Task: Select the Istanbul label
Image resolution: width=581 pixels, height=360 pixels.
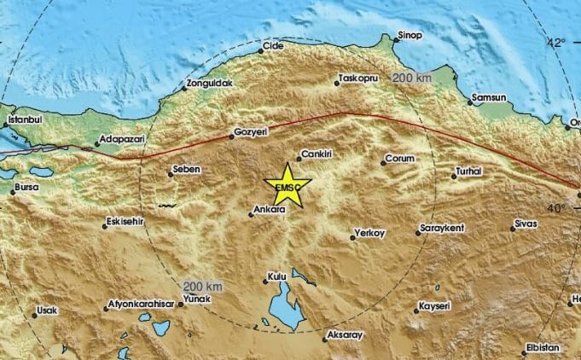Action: pyautogui.click(x=25, y=120)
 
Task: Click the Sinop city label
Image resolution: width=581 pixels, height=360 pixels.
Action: pyautogui.click(x=410, y=37)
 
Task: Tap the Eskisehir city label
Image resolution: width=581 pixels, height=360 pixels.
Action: pyautogui.click(x=127, y=222)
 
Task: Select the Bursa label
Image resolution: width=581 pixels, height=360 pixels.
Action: pyautogui.click(x=28, y=186)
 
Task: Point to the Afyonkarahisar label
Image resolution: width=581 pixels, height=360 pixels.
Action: pyautogui.click(x=142, y=305)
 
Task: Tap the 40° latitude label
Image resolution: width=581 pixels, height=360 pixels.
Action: pyautogui.click(x=556, y=207)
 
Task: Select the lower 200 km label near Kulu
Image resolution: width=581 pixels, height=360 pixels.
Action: pyautogui.click(x=202, y=286)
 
